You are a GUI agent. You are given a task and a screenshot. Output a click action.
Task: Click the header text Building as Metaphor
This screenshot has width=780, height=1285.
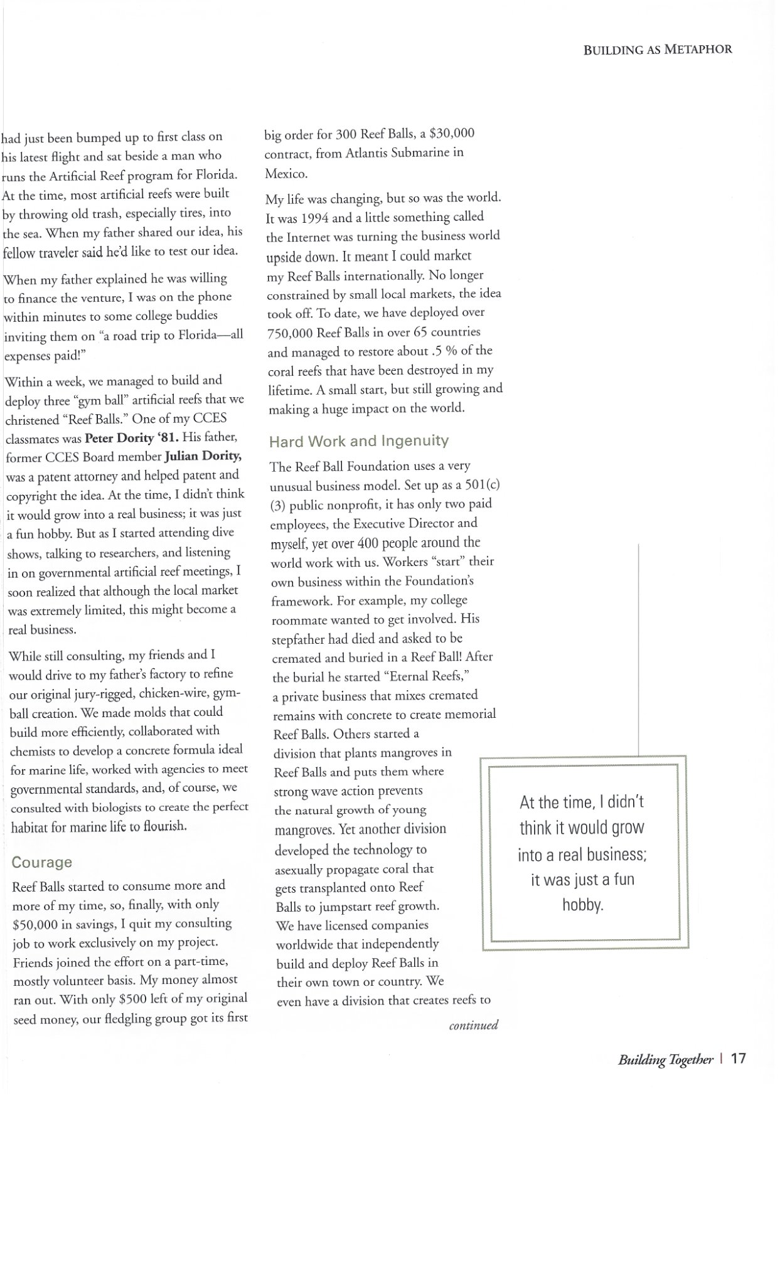pyautogui.click(x=657, y=50)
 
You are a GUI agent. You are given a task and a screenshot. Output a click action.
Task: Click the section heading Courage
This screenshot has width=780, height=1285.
pyautogui.click(x=41, y=862)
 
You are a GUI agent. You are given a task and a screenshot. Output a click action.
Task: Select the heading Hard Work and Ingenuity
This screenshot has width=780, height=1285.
pyautogui.click(x=358, y=441)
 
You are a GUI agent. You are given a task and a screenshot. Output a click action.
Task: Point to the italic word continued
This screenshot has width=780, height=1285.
pyautogui.click(x=473, y=1025)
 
